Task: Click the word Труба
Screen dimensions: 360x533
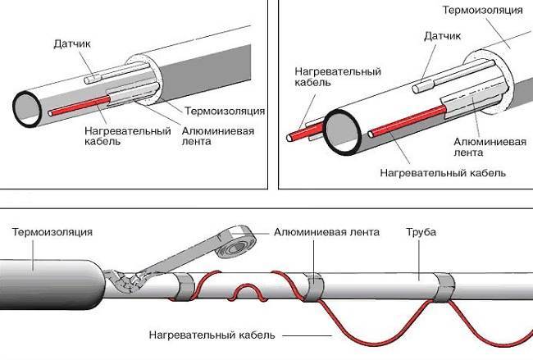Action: tap(421, 232)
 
